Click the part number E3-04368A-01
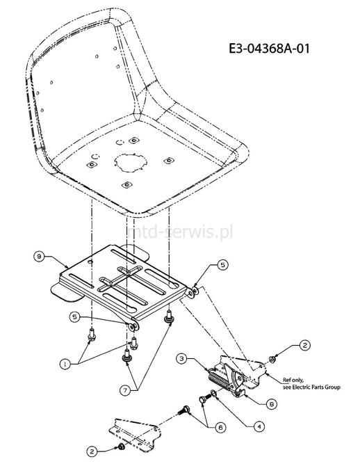point(269,49)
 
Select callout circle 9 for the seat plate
point(39,256)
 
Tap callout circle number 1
point(65,364)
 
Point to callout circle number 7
point(126,390)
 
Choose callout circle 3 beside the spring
point(182,359)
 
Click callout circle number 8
point(272,404)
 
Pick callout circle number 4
point(259,427)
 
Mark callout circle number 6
point(220,428)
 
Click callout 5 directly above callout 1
point(74,316)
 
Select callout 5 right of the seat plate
point(223,265)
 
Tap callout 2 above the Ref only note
point(305,346)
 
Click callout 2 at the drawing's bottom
point(92,452)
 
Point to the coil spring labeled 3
point(220,380)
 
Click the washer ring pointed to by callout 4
point(213,394)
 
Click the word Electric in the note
point(302,387)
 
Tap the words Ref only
point(293,380)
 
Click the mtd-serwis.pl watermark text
point(181,232)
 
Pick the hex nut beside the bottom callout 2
point(121,446)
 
